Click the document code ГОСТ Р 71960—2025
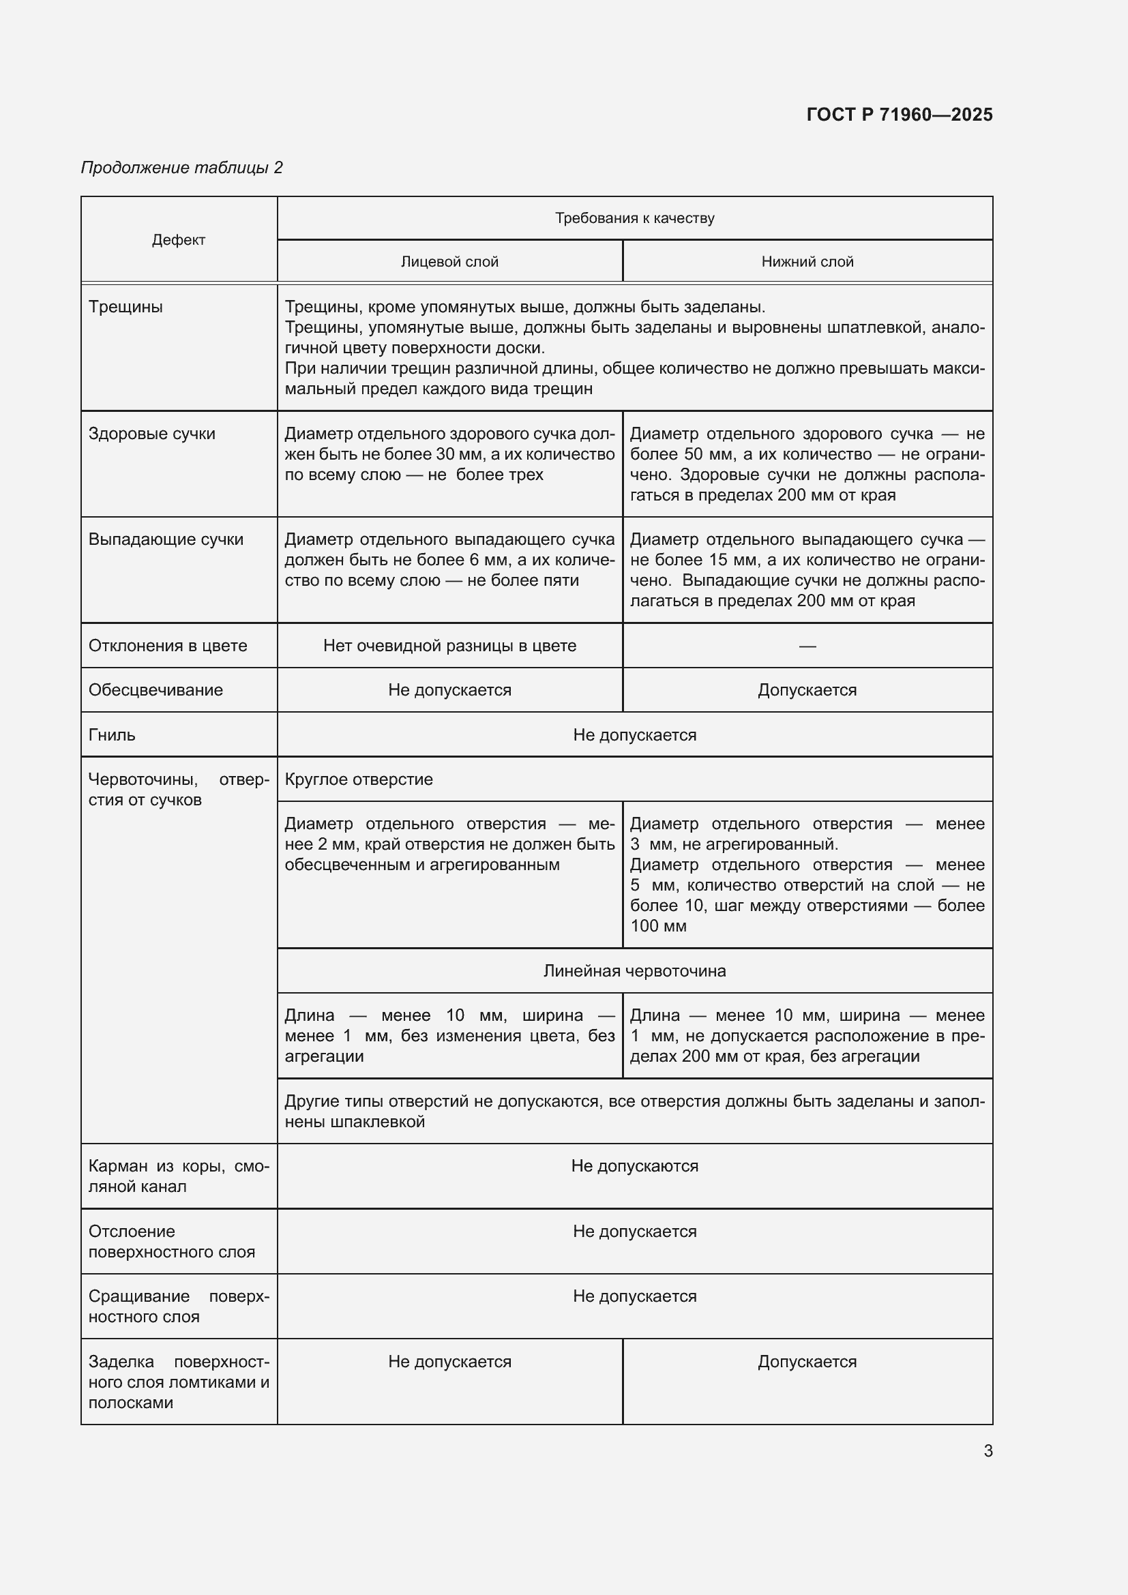pos(899,115)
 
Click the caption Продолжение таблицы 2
pos(182,168)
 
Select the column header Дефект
pos(179,239)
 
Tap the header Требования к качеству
pos(634,218)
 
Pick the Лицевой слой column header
pos(449,262)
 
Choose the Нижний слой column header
pos(807,262)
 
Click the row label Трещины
pos(125,307)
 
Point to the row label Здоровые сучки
pos(151,434)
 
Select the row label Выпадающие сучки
pos(165,539)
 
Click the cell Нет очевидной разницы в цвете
pos(449,645)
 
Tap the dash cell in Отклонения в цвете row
pos(807,646)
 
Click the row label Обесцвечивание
pos(155,690)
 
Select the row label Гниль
pos(112,735)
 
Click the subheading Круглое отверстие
pos(359,779)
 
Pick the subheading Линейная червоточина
pos(634,970)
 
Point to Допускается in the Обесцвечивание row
pos(807,690)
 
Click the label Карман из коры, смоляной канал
pos(179,1176)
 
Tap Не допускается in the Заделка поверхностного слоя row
pos(449,1362)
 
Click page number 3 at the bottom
pos(988,1450)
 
